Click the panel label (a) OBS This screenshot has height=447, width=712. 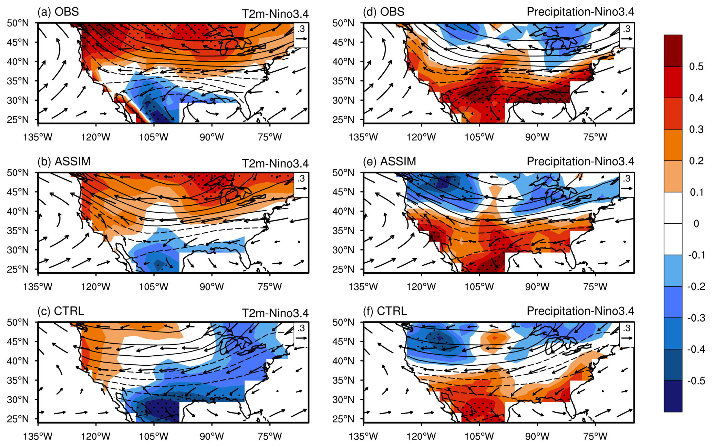(58, 12)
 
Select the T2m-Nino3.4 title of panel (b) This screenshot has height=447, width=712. (275, 163)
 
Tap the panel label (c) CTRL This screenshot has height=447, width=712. (61, 311)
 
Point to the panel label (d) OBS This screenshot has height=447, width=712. (383, 12)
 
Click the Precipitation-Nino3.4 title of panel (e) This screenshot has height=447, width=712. (580, 161)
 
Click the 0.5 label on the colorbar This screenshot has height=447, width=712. (696, 67)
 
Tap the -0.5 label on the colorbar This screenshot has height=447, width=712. (694, 380)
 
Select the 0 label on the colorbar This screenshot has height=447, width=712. (696, 224)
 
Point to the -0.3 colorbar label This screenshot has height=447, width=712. (694, 318)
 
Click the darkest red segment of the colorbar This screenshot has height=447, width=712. (673, 50)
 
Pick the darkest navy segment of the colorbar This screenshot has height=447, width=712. (673, 396)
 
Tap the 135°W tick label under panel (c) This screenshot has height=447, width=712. (38, 437)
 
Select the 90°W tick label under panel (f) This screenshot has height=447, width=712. (537, 437)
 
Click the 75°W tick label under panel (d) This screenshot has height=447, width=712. (595, 137)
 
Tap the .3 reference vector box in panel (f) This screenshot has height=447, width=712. (627, 334)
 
